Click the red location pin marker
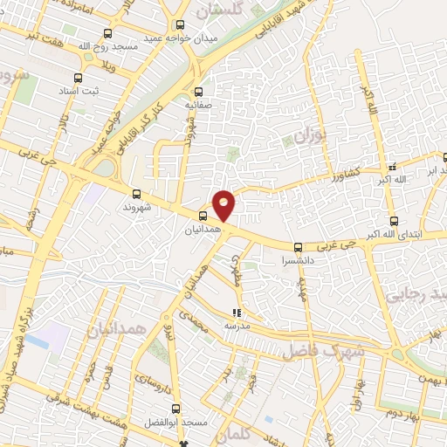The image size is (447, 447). [224, 204]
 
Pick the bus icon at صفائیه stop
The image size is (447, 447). [198, 91]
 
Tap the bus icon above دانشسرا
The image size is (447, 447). [298, 247]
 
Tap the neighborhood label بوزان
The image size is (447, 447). [309, 137]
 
